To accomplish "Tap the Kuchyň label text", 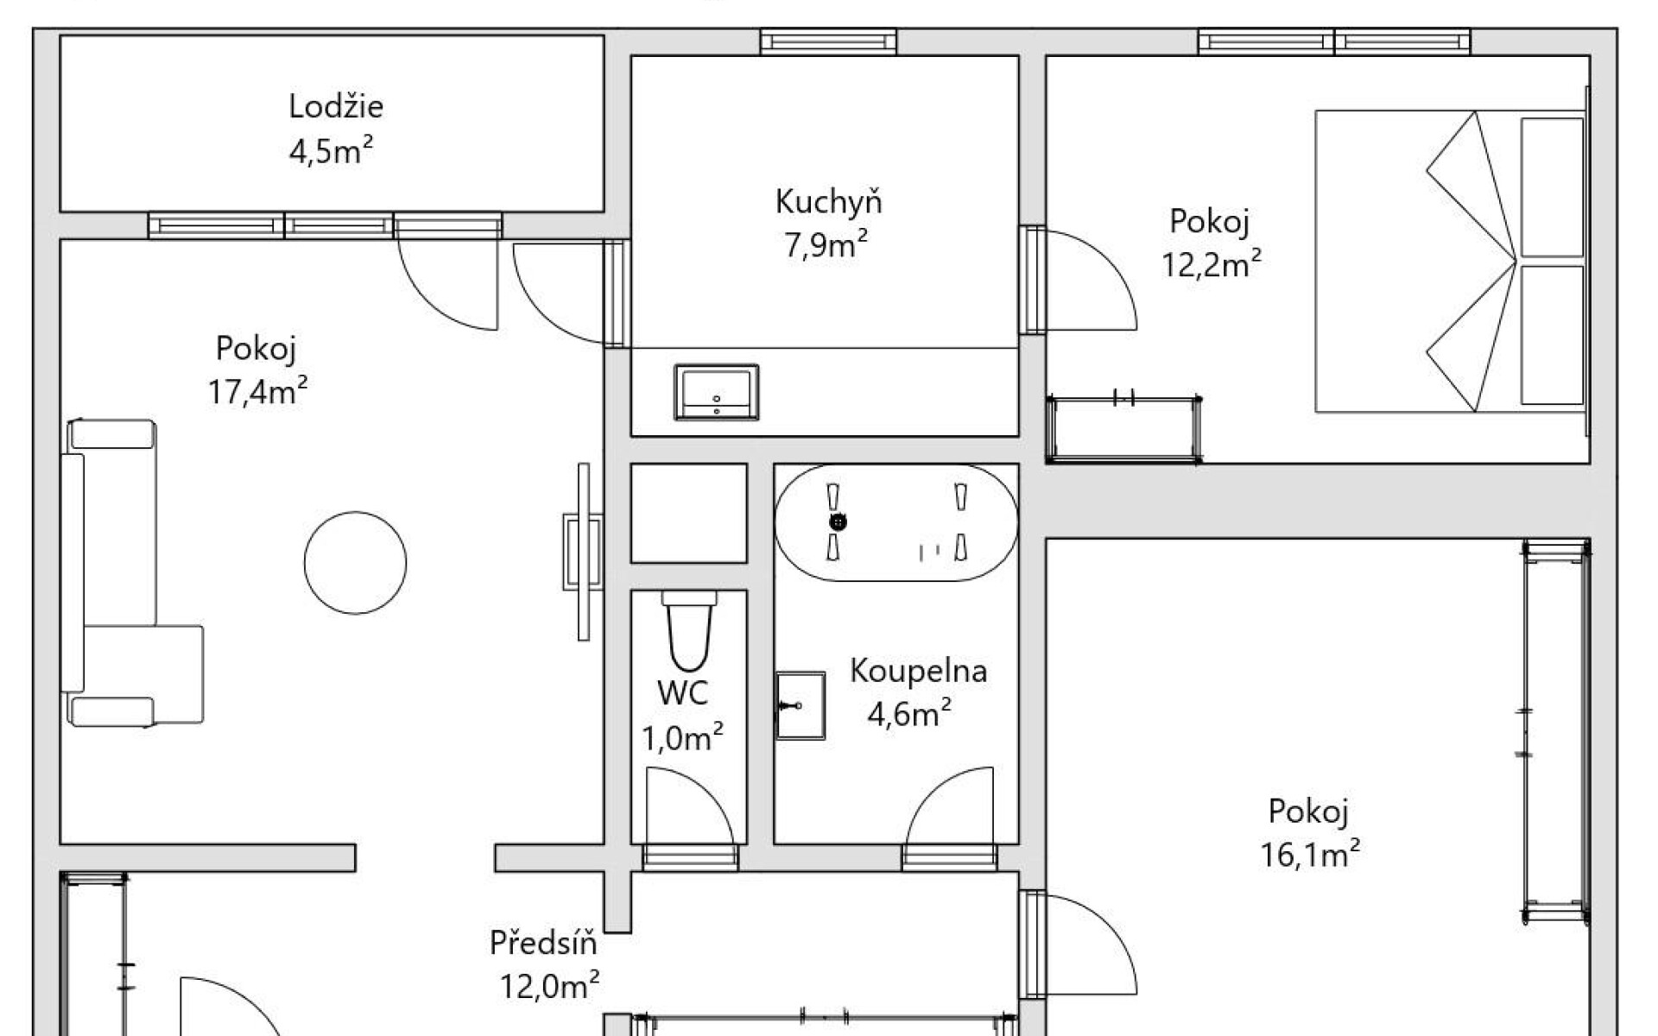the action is click(828, 201).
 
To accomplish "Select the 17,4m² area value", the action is click(257, 392).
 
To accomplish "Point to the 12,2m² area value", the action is click(1211, 264).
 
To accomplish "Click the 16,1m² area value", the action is click(1310, 855).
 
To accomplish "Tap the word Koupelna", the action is click(918, 671).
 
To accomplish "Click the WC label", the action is click(682, 692).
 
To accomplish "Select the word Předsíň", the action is click(543, 943).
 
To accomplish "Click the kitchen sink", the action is click(716, 392).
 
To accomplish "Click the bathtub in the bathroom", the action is click(896, 523).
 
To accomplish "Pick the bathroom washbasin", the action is click(801, 706).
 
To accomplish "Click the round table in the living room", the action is click(355, 563).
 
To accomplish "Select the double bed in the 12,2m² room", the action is click(1451, 261).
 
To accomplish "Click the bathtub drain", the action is click(838, 522).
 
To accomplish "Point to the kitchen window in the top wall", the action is click(828, 41).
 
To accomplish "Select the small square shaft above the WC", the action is click(689, 514).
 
